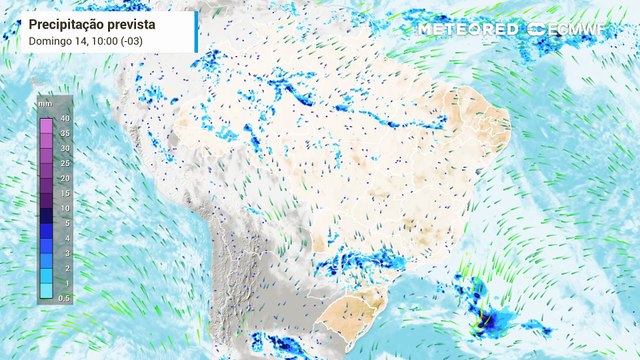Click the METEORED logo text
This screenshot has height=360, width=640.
[x=468, y=29]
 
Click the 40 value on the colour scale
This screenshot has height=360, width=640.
[x=63, y=120]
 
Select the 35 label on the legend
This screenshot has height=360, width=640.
[x=63, y=133]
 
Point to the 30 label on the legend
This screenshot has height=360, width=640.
[x=63, y=148]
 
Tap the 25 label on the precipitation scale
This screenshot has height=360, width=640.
[x=63, y=163]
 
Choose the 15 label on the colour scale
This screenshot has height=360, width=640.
[x=63, y=193]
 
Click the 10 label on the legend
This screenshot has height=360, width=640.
[x=63, y=208]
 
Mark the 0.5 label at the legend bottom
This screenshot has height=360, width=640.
[x=64, y=298]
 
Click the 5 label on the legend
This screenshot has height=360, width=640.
[x=65, y=223]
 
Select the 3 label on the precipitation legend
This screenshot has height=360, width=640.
[x=65, y=253]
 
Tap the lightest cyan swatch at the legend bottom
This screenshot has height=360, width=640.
[x=46, y=291]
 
